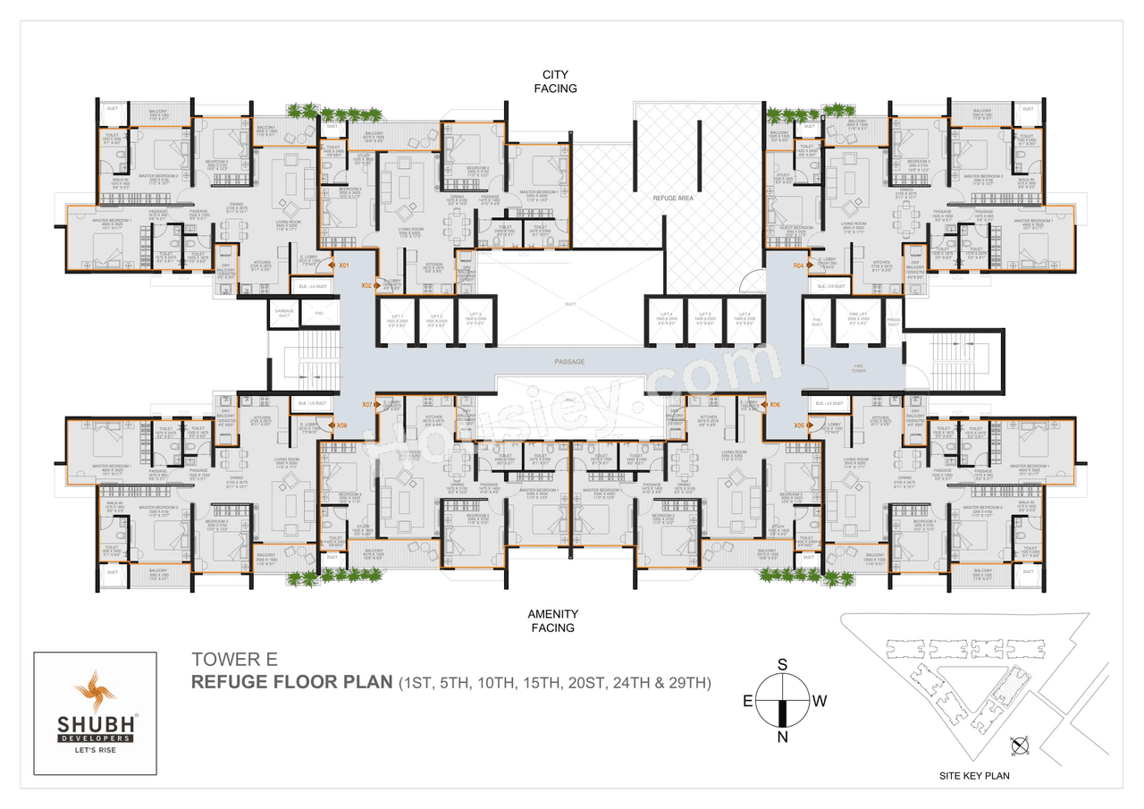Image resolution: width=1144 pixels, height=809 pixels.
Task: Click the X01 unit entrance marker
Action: (342, 265)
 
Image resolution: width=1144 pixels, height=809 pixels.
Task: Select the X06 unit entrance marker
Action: (775, 405)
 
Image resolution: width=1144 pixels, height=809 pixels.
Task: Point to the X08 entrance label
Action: (342, 426)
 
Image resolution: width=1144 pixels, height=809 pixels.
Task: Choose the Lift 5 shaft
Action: (705, 322)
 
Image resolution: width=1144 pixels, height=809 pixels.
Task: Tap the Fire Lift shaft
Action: (856, 322)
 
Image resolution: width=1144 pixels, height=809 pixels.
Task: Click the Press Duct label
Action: (894, 322)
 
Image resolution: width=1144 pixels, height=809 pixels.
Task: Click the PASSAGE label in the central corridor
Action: (568, 362)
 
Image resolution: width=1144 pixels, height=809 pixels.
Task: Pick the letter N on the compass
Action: (783, 737)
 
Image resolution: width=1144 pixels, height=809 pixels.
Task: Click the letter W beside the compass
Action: (820, 701)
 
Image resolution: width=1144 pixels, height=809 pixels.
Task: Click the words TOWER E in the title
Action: (235, 660)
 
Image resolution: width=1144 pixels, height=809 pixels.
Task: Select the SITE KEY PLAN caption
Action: (975, 776)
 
